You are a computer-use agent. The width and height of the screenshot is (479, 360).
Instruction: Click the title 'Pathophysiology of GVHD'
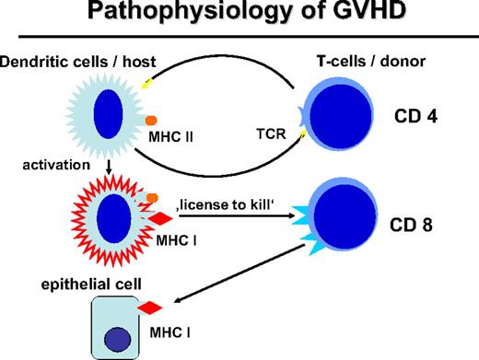pos(239,17)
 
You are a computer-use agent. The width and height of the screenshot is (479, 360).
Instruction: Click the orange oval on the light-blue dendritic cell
pos(152,120)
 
